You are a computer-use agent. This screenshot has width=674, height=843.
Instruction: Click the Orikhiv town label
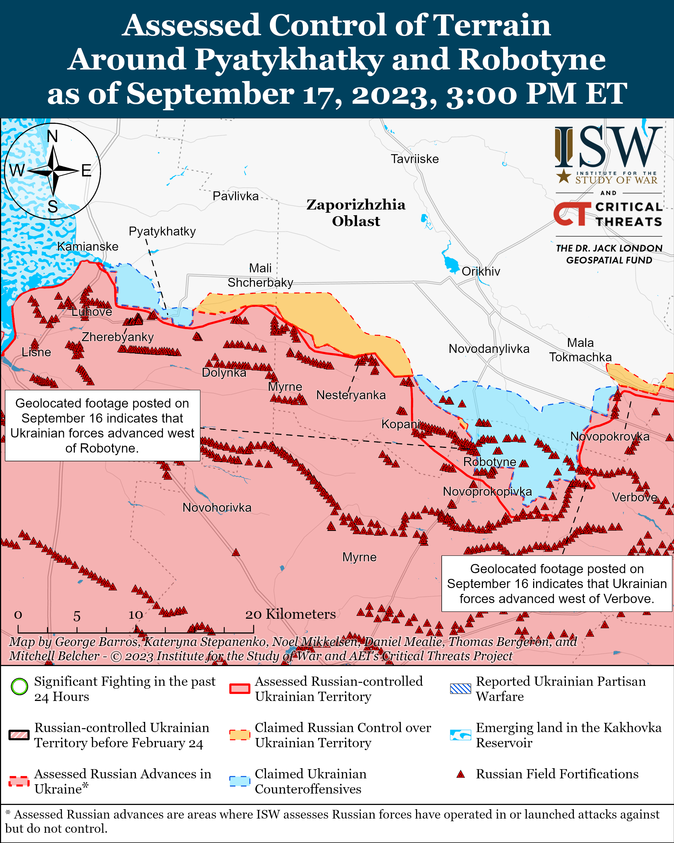coord(481,271)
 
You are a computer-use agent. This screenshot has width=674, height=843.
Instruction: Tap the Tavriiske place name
coord(414,159)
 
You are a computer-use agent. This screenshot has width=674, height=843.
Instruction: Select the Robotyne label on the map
coord(489,462)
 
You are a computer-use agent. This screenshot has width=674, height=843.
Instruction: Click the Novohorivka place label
coord(217,508)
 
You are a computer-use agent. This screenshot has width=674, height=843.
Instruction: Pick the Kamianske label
coord(87,247)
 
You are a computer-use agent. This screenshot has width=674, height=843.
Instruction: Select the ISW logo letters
coord(608,147)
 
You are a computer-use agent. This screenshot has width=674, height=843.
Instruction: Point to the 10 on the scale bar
coord(136,615)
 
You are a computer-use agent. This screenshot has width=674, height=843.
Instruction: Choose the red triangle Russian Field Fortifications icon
coord(461,774)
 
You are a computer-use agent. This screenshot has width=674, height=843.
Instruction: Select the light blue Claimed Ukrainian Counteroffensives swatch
coord(239,781)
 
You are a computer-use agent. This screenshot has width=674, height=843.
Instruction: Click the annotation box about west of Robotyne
coord(102,425)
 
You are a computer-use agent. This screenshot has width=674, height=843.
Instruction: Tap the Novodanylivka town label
coord(489,349)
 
